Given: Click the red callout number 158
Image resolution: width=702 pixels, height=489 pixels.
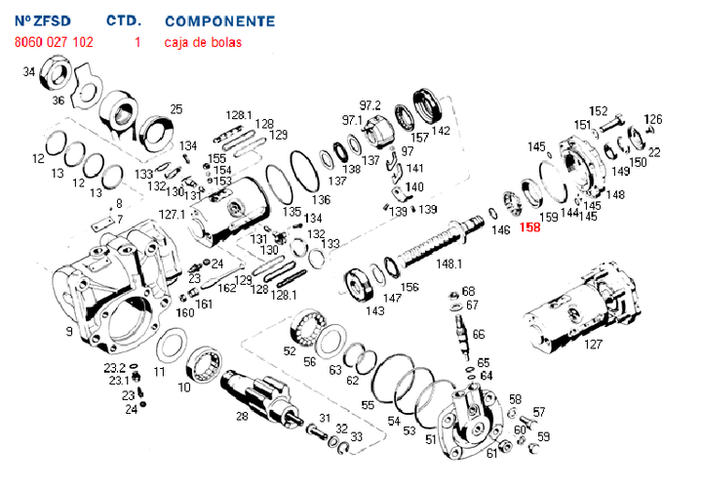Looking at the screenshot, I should coord(530,228).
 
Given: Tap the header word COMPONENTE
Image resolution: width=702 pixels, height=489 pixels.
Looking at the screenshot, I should coord(219,20).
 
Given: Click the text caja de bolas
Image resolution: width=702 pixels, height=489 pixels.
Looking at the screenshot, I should coord(203,42).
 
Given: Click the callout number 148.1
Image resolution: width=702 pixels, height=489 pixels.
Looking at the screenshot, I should coord(448,263).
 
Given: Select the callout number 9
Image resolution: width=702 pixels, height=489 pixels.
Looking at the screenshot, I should coord(69,332).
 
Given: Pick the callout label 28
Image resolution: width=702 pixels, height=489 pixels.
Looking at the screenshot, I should coord(242,416).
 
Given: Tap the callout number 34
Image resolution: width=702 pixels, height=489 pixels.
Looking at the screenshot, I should coord(28,71).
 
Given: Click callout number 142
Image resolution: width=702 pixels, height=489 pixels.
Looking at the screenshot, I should coord(441,130).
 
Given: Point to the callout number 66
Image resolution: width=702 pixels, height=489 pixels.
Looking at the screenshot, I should coord(478,334).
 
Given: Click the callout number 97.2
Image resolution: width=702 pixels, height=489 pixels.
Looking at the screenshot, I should coord(370,104).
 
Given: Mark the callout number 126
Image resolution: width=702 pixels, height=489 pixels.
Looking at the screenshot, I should coord(652,119).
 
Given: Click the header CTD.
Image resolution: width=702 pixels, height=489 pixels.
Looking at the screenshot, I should coord(123,20).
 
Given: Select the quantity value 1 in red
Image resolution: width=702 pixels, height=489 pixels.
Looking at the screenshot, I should coord(137,42).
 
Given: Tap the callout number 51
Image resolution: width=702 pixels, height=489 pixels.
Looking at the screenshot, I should coord(430,440).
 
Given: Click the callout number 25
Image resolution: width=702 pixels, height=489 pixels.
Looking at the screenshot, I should coord(176,108).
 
